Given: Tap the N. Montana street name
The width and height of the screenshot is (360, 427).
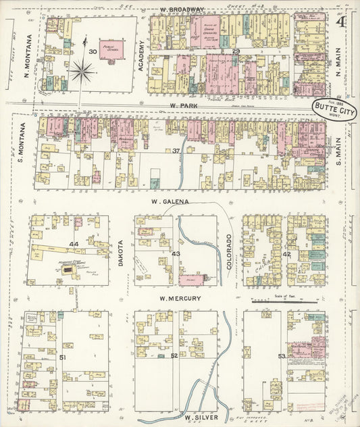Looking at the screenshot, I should pos(30,55).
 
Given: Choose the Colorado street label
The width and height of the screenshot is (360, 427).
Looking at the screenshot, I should pos(230,251).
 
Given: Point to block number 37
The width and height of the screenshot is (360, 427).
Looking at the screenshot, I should pos(177,150).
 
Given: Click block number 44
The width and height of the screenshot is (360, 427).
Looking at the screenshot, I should pos(74,243).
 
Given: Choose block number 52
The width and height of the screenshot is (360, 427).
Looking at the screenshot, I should pos(174,356).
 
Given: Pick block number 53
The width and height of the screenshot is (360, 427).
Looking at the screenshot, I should pos(282,356).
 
